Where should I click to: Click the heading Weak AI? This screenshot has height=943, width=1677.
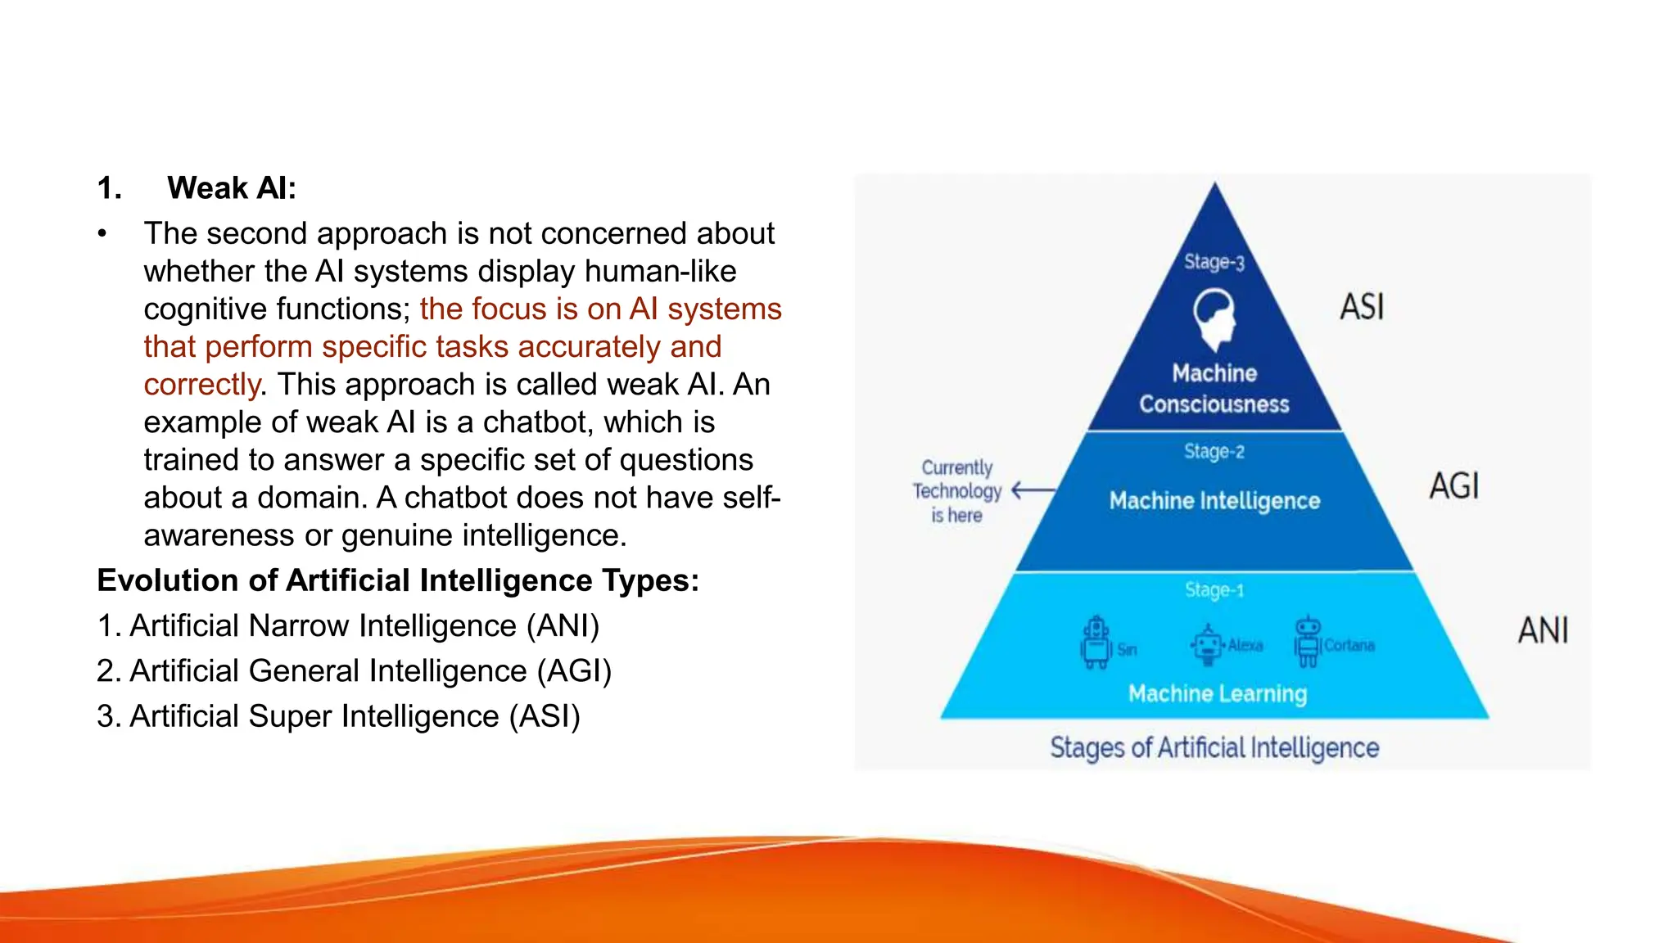231,188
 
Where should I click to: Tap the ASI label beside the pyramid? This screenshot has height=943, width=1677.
1362,308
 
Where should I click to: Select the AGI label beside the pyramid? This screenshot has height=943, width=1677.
1454,486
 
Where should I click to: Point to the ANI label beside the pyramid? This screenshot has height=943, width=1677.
1543,631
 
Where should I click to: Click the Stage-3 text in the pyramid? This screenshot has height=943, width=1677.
1214,262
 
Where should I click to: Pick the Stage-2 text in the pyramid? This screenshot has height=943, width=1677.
1214,452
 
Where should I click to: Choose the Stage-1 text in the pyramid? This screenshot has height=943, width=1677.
1214,590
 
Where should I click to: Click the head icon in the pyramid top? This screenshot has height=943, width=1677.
1213,318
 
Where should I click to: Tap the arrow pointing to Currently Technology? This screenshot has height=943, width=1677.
1033,490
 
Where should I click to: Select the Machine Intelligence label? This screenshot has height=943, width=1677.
1214,501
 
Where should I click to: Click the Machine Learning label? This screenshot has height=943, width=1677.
1217,694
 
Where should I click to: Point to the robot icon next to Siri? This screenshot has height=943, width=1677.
1096,643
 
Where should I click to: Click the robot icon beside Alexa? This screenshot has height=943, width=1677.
1206,644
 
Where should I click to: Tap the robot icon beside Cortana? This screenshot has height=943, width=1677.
1308,641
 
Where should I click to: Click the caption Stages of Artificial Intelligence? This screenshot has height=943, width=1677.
1214,747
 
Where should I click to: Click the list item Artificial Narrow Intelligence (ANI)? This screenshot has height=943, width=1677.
348,626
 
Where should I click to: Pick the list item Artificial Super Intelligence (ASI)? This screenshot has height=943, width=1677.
338,716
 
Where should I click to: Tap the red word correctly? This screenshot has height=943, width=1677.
201,385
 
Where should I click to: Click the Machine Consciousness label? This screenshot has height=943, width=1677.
1214,389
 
